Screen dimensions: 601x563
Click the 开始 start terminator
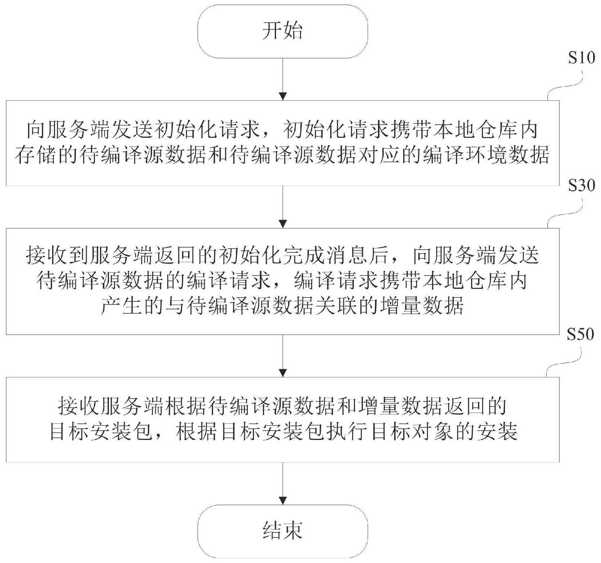tap(283, 31)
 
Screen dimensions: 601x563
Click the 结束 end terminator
tap(283, 531)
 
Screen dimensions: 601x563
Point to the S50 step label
tap(580, 335)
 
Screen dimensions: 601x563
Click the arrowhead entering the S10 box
tap(283, 96)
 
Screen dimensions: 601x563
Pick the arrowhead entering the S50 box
tap(283, 372)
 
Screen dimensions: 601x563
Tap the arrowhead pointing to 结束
tap(283, 500)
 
